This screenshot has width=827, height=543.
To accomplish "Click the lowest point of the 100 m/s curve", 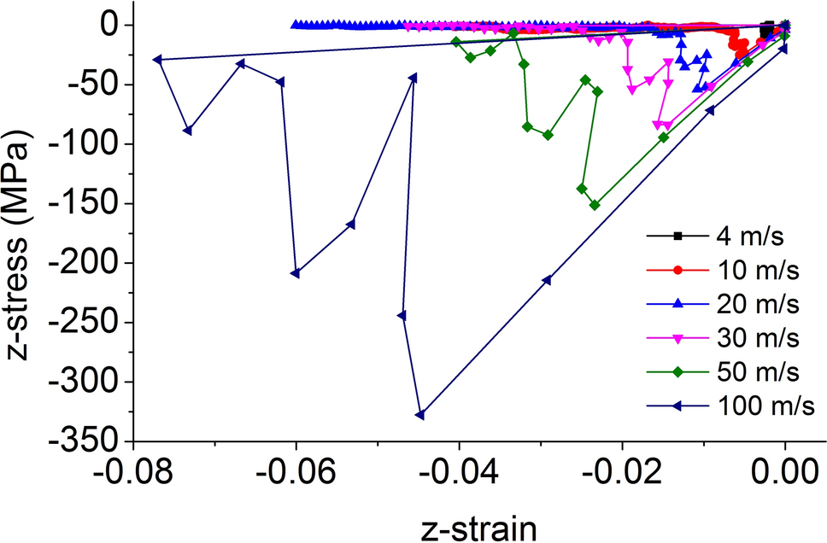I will (x=419, y=415).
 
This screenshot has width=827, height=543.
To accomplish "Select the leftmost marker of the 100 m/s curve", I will (x=157, y=60).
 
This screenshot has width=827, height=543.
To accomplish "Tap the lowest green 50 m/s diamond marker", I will (x=595, y=205).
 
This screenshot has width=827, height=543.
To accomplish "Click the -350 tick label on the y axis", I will (x=88, y=441).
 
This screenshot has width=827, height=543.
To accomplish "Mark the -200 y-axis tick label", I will (x=88, y=263).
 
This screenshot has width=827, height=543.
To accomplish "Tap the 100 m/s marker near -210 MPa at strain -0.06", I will (x=295, y=273).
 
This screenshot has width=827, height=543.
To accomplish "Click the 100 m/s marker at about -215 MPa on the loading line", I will (x=547, y=280).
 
